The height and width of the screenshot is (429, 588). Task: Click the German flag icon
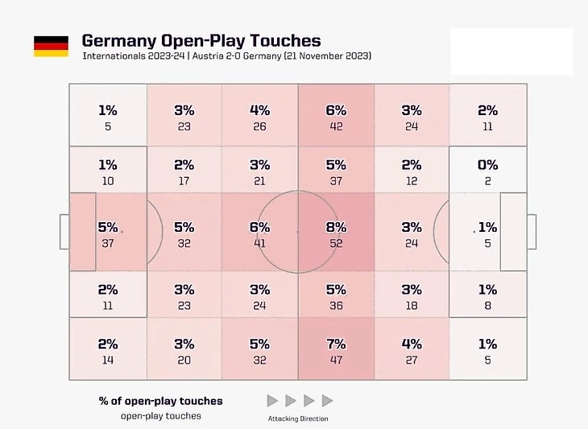[x=51, y=46]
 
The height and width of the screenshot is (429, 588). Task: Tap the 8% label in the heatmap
[x=336, y=228]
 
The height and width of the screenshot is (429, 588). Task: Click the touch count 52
[x=336, y=243]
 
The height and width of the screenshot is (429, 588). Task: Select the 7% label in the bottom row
[x=336, y=344]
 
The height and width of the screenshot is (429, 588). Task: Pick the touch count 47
[x=336, y=360]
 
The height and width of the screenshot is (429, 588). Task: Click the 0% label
[x=487, y=165]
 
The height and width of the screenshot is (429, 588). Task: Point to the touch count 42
[x=336, y=126]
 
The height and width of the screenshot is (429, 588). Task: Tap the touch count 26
[x=259, y=126]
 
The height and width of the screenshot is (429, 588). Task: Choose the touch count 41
[x=259, y=243]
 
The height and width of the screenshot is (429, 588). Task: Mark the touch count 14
[x=108, y=360]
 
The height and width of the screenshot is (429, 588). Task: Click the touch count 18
[x=412, y=306]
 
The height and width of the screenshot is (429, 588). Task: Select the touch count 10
[x=108, y=181]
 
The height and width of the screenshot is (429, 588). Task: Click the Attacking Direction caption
[x=298, y=419]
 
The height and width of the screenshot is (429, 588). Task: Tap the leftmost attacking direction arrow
[x=272, y=400]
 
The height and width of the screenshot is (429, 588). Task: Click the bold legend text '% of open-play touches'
[x=161, y=401]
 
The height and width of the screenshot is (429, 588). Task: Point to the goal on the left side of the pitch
[x=64, y=232]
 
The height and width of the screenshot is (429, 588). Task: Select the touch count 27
[x=412, y=360]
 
